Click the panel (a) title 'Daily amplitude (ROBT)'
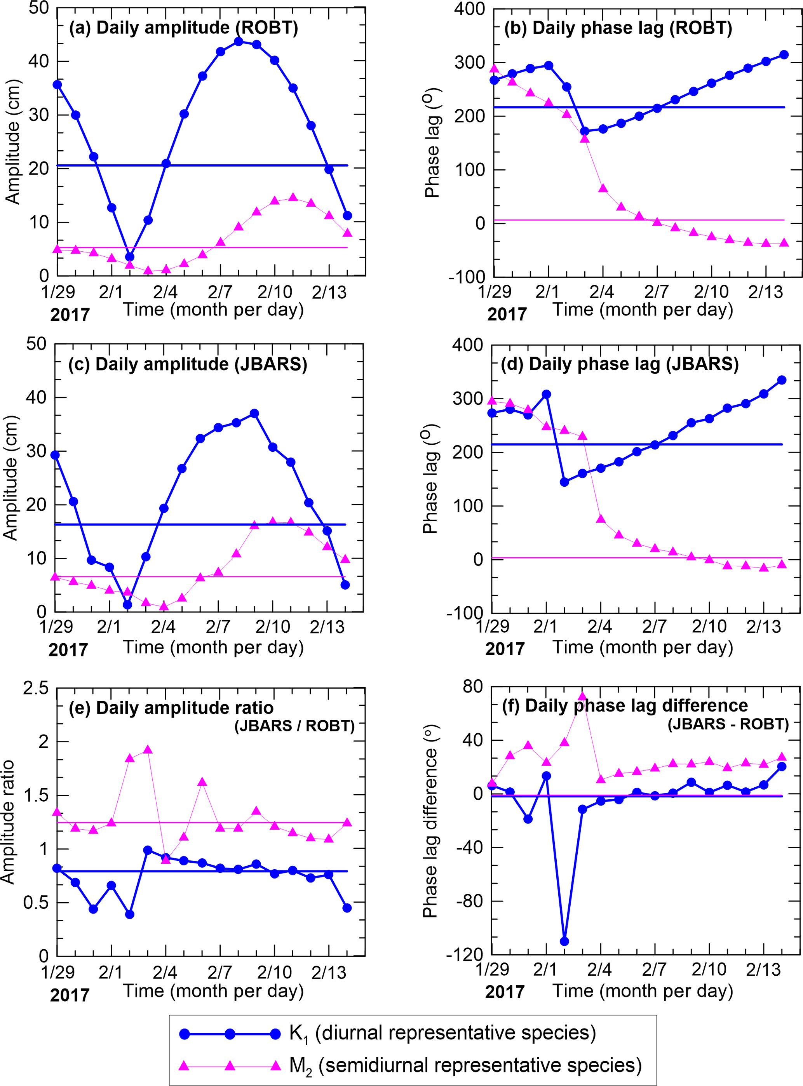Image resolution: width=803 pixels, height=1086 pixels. point(183,28)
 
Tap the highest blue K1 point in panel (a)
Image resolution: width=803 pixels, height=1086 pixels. point(239,42)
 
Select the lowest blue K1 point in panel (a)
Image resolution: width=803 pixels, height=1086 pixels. point(129,257)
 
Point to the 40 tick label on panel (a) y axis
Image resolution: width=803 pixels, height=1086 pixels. point(38,61)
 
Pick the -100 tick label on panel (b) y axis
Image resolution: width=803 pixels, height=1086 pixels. point(467,277)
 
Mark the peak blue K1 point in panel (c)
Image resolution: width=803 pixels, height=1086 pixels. point(254,414)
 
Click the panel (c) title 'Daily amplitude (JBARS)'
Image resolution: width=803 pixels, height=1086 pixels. point(188,364)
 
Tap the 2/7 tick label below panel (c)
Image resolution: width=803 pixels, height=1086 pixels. point(218,627)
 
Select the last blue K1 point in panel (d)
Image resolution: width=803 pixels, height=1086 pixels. point(782,380)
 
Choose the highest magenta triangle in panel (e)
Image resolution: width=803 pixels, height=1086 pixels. point(148,750)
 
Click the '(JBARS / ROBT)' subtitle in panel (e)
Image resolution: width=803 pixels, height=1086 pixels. point(294,726)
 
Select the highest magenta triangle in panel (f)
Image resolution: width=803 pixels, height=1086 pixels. point(582,697)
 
